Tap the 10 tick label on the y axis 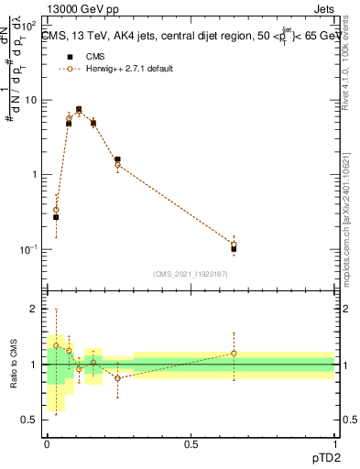click(x=33, y=100)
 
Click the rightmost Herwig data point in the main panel click(x=234, y=245)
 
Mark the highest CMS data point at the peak click(x=79, y=109)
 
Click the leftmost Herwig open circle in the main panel click(x=56, y=210)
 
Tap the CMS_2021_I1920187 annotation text click(x=191, y=274)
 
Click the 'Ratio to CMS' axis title click(x=15, y=364)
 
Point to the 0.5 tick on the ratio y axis click(x=32, y=420)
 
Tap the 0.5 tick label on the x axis click(x=191, y=444)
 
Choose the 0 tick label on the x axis click(x=47, y=444)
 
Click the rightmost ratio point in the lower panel click(x=234, y=353)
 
